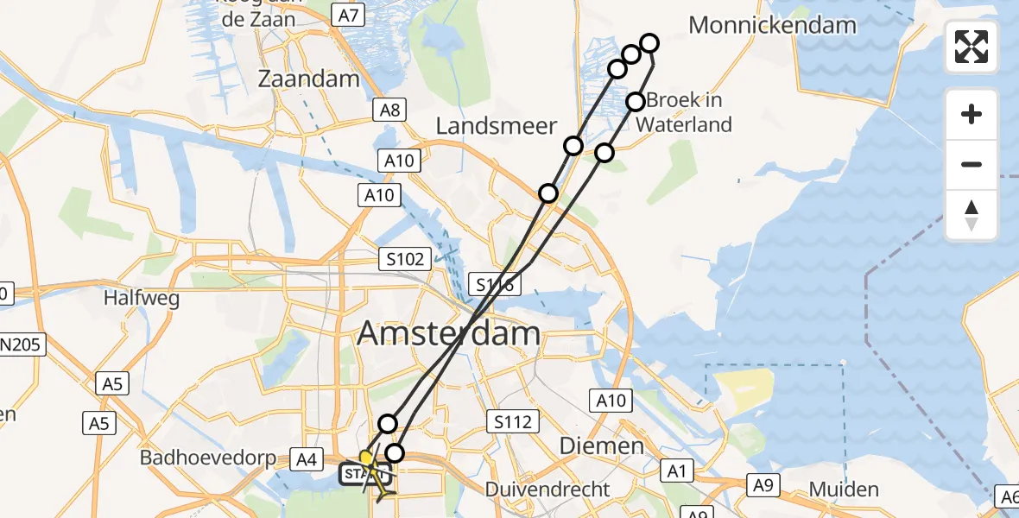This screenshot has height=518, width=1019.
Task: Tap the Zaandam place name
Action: click(308, 79)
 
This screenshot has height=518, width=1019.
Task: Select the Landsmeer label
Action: click(497, 126)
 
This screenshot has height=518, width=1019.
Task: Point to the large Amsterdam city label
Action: click(448, 333)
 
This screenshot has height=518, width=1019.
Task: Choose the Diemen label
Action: click(602, 446)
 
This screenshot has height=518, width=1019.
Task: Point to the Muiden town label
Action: click(844, 490)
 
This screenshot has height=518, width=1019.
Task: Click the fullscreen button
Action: click(972, 47)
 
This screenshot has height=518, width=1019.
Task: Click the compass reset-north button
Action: click(972, 215)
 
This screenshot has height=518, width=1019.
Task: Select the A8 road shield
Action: click(389, 110)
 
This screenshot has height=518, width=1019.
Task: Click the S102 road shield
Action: click(406, 258)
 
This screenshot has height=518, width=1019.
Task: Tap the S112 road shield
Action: click(512, 421)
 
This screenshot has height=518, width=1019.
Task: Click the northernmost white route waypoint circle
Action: click(649, 42)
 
